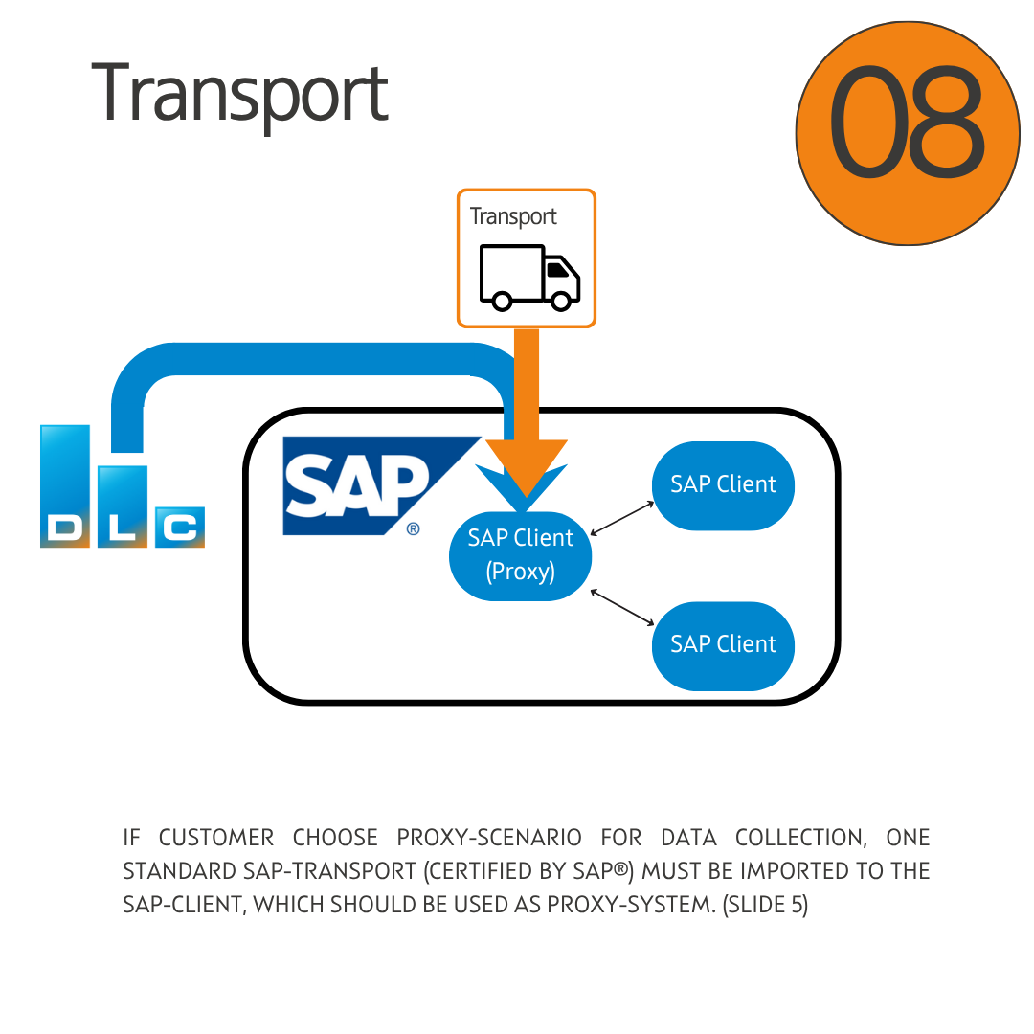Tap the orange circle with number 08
tap(907, 133)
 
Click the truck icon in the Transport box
tap(529, 277)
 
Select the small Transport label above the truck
tap(513, 216)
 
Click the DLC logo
tap(122, 488)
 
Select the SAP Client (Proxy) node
tap(521, 555)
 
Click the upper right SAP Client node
tap(723, 484)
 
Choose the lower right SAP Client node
tap(723, 644)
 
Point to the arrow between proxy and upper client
tap(622, 517)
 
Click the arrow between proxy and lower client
tap(622, 609)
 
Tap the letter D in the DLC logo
tap(64, 528)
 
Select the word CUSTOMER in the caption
tap(216, 838)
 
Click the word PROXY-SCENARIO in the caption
tap(489, 838)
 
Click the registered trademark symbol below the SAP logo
tap(413, 528)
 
